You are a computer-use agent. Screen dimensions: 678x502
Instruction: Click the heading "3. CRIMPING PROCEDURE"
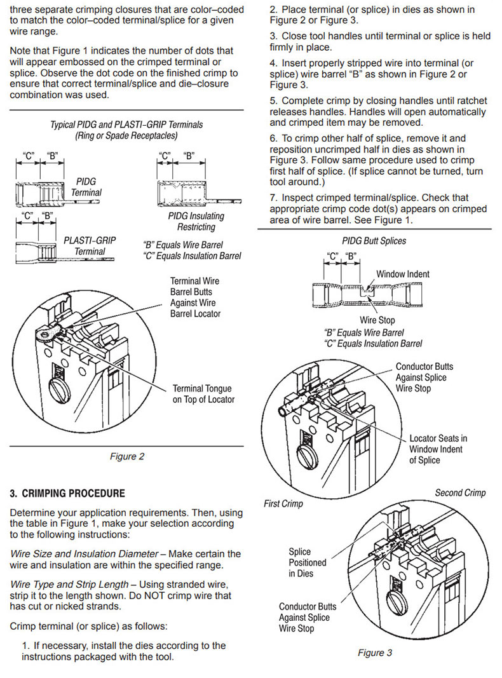pyautogui.click(x=68, y=493)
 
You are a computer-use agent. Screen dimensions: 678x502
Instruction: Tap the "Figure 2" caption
pyautogui.click(x=124, y=456)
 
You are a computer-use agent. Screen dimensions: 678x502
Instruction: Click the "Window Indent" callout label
pyautogui.click(x=403, y=274)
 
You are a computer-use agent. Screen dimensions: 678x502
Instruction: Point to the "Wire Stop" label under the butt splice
pyautogui.click(x=377, y=320)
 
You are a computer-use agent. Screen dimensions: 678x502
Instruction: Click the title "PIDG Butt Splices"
pyautogui.click(x=374, y=241)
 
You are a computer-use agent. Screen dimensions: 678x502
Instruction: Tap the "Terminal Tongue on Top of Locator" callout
pyautogui.click(x=202, y=394)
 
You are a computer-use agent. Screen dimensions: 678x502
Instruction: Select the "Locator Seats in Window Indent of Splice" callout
pyautogui.click(x=438, y=449)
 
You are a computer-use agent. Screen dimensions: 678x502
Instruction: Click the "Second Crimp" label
pyautogui.click(x=460, y=492)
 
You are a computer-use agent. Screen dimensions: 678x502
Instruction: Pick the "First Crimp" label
pyautogui.click(x=283, y=504)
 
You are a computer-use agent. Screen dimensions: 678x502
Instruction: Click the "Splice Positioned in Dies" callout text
pyautogui.click(x=308, y=562)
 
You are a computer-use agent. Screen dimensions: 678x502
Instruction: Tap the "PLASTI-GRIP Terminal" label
pyautogui.click(x=89, y=246)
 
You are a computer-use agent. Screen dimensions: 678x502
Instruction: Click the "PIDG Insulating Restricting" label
pyautogui.click(x=196, y=221)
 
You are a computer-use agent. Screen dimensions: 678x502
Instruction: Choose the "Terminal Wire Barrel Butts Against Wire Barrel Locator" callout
pyautogui.click(x=195, y=297)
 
